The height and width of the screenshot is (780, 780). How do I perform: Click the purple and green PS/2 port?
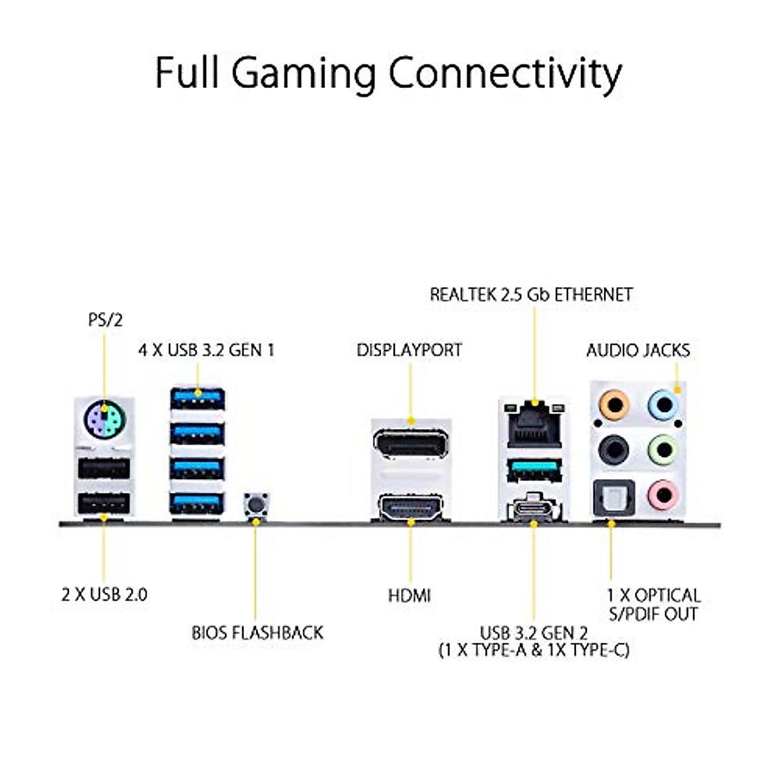click(105, 420)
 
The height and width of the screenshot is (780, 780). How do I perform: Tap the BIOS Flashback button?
click(256, 504)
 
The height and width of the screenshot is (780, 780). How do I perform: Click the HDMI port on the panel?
click(410, 506)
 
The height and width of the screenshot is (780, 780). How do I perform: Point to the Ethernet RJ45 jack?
click(534, 426)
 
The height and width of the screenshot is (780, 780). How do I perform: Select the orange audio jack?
click(614, 404)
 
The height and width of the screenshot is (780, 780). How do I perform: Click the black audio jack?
click(614, 449)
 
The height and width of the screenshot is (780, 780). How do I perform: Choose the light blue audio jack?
click(662, 404)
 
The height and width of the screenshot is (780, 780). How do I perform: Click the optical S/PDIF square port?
click(614, 497)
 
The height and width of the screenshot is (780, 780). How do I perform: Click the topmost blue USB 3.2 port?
click(198, 398)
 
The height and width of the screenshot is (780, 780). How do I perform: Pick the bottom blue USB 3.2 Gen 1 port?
click(198, 504)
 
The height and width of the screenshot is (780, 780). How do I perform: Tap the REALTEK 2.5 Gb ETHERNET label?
click(531, 294)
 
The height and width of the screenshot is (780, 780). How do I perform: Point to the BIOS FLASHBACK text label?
click(257, 632)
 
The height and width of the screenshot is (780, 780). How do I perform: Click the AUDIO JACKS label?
click(638, 350)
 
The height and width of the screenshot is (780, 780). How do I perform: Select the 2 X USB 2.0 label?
click(105, 595)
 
